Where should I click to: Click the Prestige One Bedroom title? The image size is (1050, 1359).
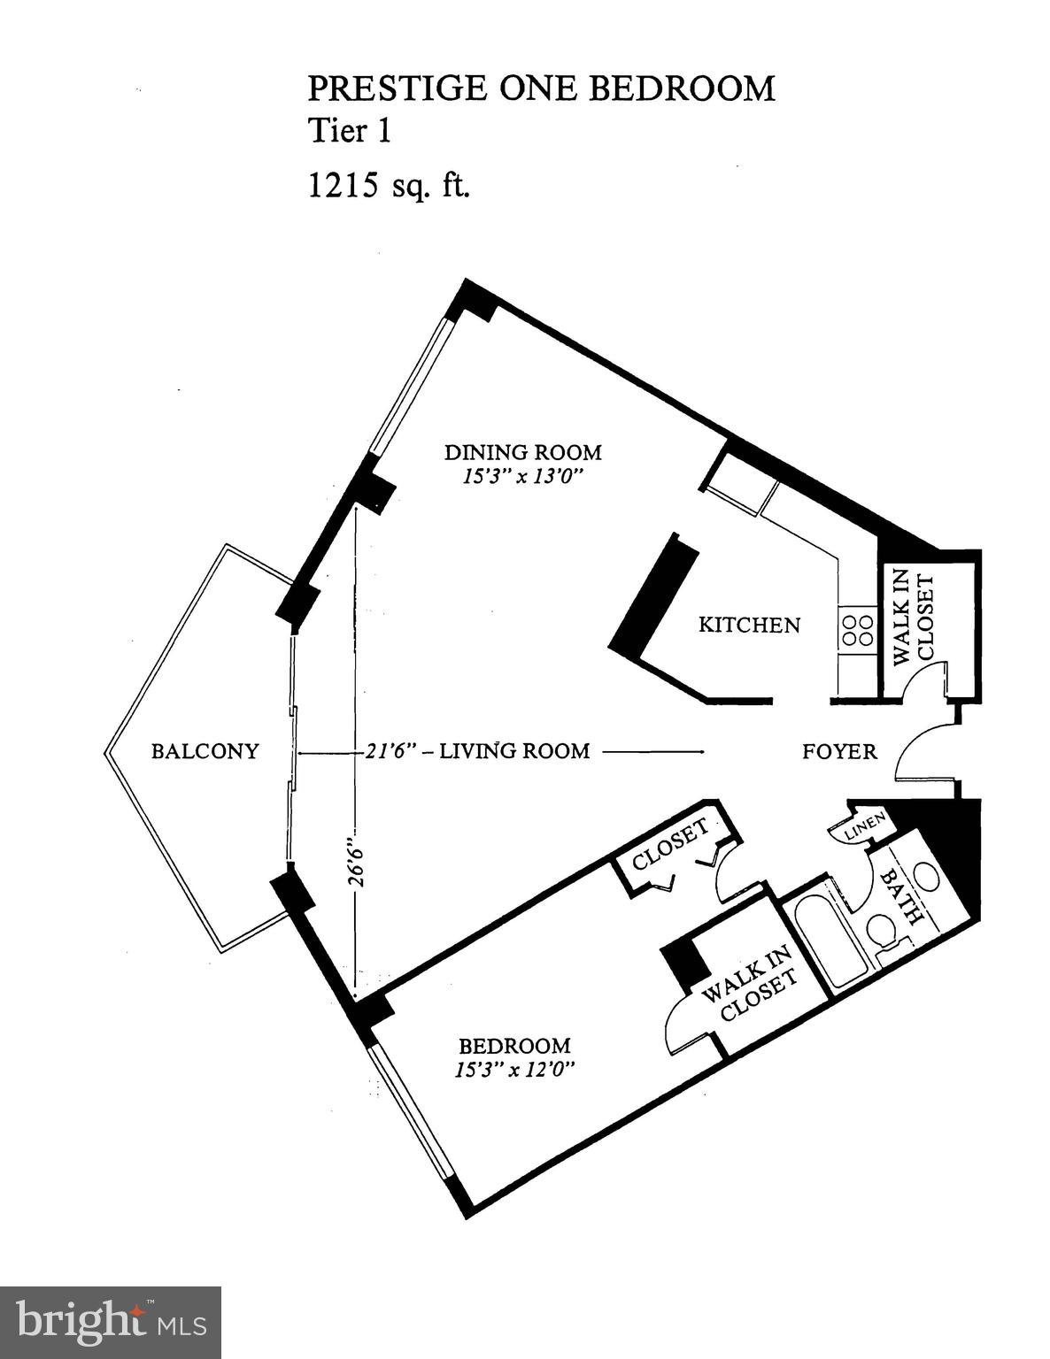click(541, 89)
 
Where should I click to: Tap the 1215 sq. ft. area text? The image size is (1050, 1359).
click(388, 186)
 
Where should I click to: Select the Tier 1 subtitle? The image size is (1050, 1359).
click(349, 131)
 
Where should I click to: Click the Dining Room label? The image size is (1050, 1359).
click(522, 453)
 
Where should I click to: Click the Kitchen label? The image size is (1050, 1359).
click(749, 625)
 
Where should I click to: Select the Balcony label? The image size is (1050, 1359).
click(205, 751)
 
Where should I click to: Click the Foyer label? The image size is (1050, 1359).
click(839, 752)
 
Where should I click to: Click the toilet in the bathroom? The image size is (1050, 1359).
click(880, 932)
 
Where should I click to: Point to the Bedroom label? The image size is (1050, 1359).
click(514, 1045)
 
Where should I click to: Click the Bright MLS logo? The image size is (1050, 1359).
click(111, 1323)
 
